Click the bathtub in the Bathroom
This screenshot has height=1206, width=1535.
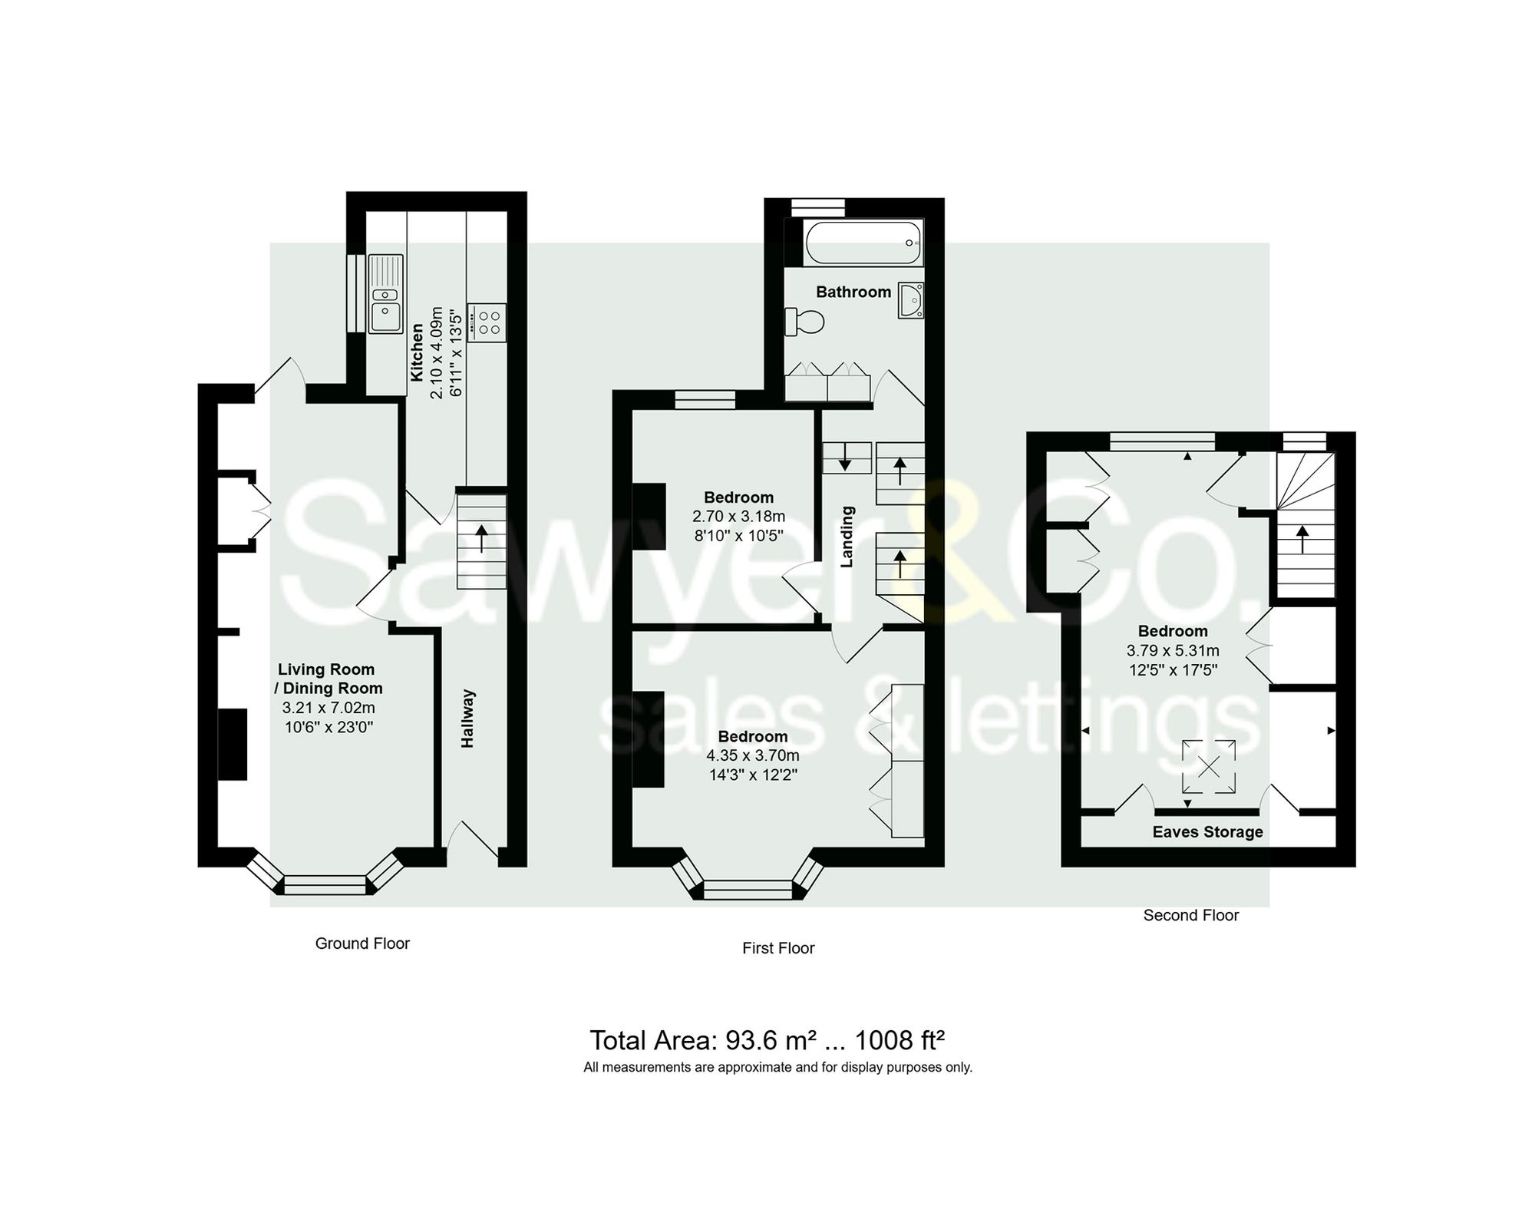pos(862,243)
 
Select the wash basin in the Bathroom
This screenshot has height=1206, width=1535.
pos(911,300)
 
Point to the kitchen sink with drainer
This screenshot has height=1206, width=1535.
pos(386,293)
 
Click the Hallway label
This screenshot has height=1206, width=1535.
pos(467,719)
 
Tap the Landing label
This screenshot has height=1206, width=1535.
pos(847,537)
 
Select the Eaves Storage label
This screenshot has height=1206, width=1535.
pos(1207,832)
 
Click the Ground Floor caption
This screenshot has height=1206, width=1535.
pos(362,943)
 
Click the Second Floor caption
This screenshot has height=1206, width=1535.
pos(1190,915)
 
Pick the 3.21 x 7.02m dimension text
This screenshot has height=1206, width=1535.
pos(328,708)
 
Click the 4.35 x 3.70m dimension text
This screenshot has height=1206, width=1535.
pos(752,755)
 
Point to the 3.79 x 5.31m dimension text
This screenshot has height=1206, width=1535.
pos(1172,651)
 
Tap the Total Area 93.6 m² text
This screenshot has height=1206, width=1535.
pos(766,1040)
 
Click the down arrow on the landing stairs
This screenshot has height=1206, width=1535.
pos(845,459)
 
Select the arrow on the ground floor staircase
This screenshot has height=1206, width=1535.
pos(481,539)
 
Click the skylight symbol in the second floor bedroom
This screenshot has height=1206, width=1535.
pos(1209,766)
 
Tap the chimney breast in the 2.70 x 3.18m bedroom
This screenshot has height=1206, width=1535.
pos(649,516)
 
